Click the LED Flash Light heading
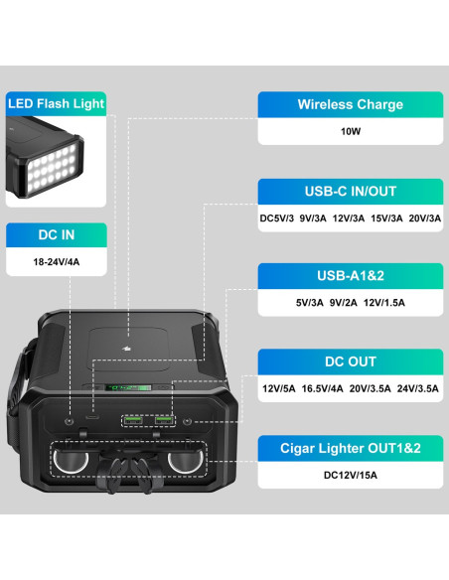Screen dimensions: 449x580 pyautogui.click(x=57, y=104)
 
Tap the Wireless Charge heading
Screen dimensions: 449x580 pyautogui.click(x=351, y=104)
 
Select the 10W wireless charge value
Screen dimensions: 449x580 pyautogui.click(x=351, y=131)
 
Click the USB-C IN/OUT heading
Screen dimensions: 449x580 pyautogui.click(x=351, y=192)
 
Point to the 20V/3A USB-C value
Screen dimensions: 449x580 pyautogui.click(x=424, y=218)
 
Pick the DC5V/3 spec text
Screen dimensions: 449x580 pyautogui.click(x=276, y=218)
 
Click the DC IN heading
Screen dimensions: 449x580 pyautogui.click(x=57, y=235)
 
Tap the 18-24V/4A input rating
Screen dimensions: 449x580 pyautogui.click(x=57, y=262)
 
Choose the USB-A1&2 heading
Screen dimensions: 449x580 pyautogui.click(x=351, y=276)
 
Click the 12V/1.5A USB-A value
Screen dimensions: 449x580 pyautogui.click(x=383, y=303)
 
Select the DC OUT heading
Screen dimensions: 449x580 pyautogui.click(x=351, y=362)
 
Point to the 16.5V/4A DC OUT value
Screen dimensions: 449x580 pyautogui.click(x=322, y=388)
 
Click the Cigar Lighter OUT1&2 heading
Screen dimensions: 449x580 pyautogui.click(x=351, y=448)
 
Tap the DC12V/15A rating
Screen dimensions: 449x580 pyautogui.click(x=351, y=476)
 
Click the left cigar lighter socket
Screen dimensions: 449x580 pyautogui.click(x=71, y=460)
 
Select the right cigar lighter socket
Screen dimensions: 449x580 pyautogui.click(x=185, y=460)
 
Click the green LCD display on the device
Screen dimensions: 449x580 pyautogui.click(x=128, y=387)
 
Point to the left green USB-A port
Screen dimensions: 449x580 pyautogui.click(x=133, y=420)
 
